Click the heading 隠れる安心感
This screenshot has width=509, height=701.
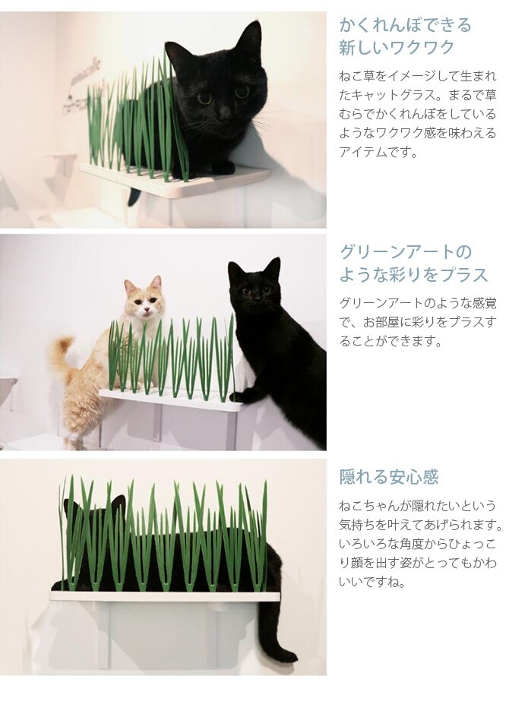point(389,477)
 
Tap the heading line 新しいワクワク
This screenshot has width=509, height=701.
point(397,47)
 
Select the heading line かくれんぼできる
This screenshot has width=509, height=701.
point(405,24)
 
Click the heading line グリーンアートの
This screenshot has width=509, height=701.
point(406,252)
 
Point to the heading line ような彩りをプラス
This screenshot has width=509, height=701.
point(413,274)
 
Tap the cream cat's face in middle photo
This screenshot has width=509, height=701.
point(144,301)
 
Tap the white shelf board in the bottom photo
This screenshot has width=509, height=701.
point(165,596)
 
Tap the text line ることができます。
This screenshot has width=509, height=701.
point(390,341)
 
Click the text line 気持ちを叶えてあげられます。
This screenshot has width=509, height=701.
point(420,524)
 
